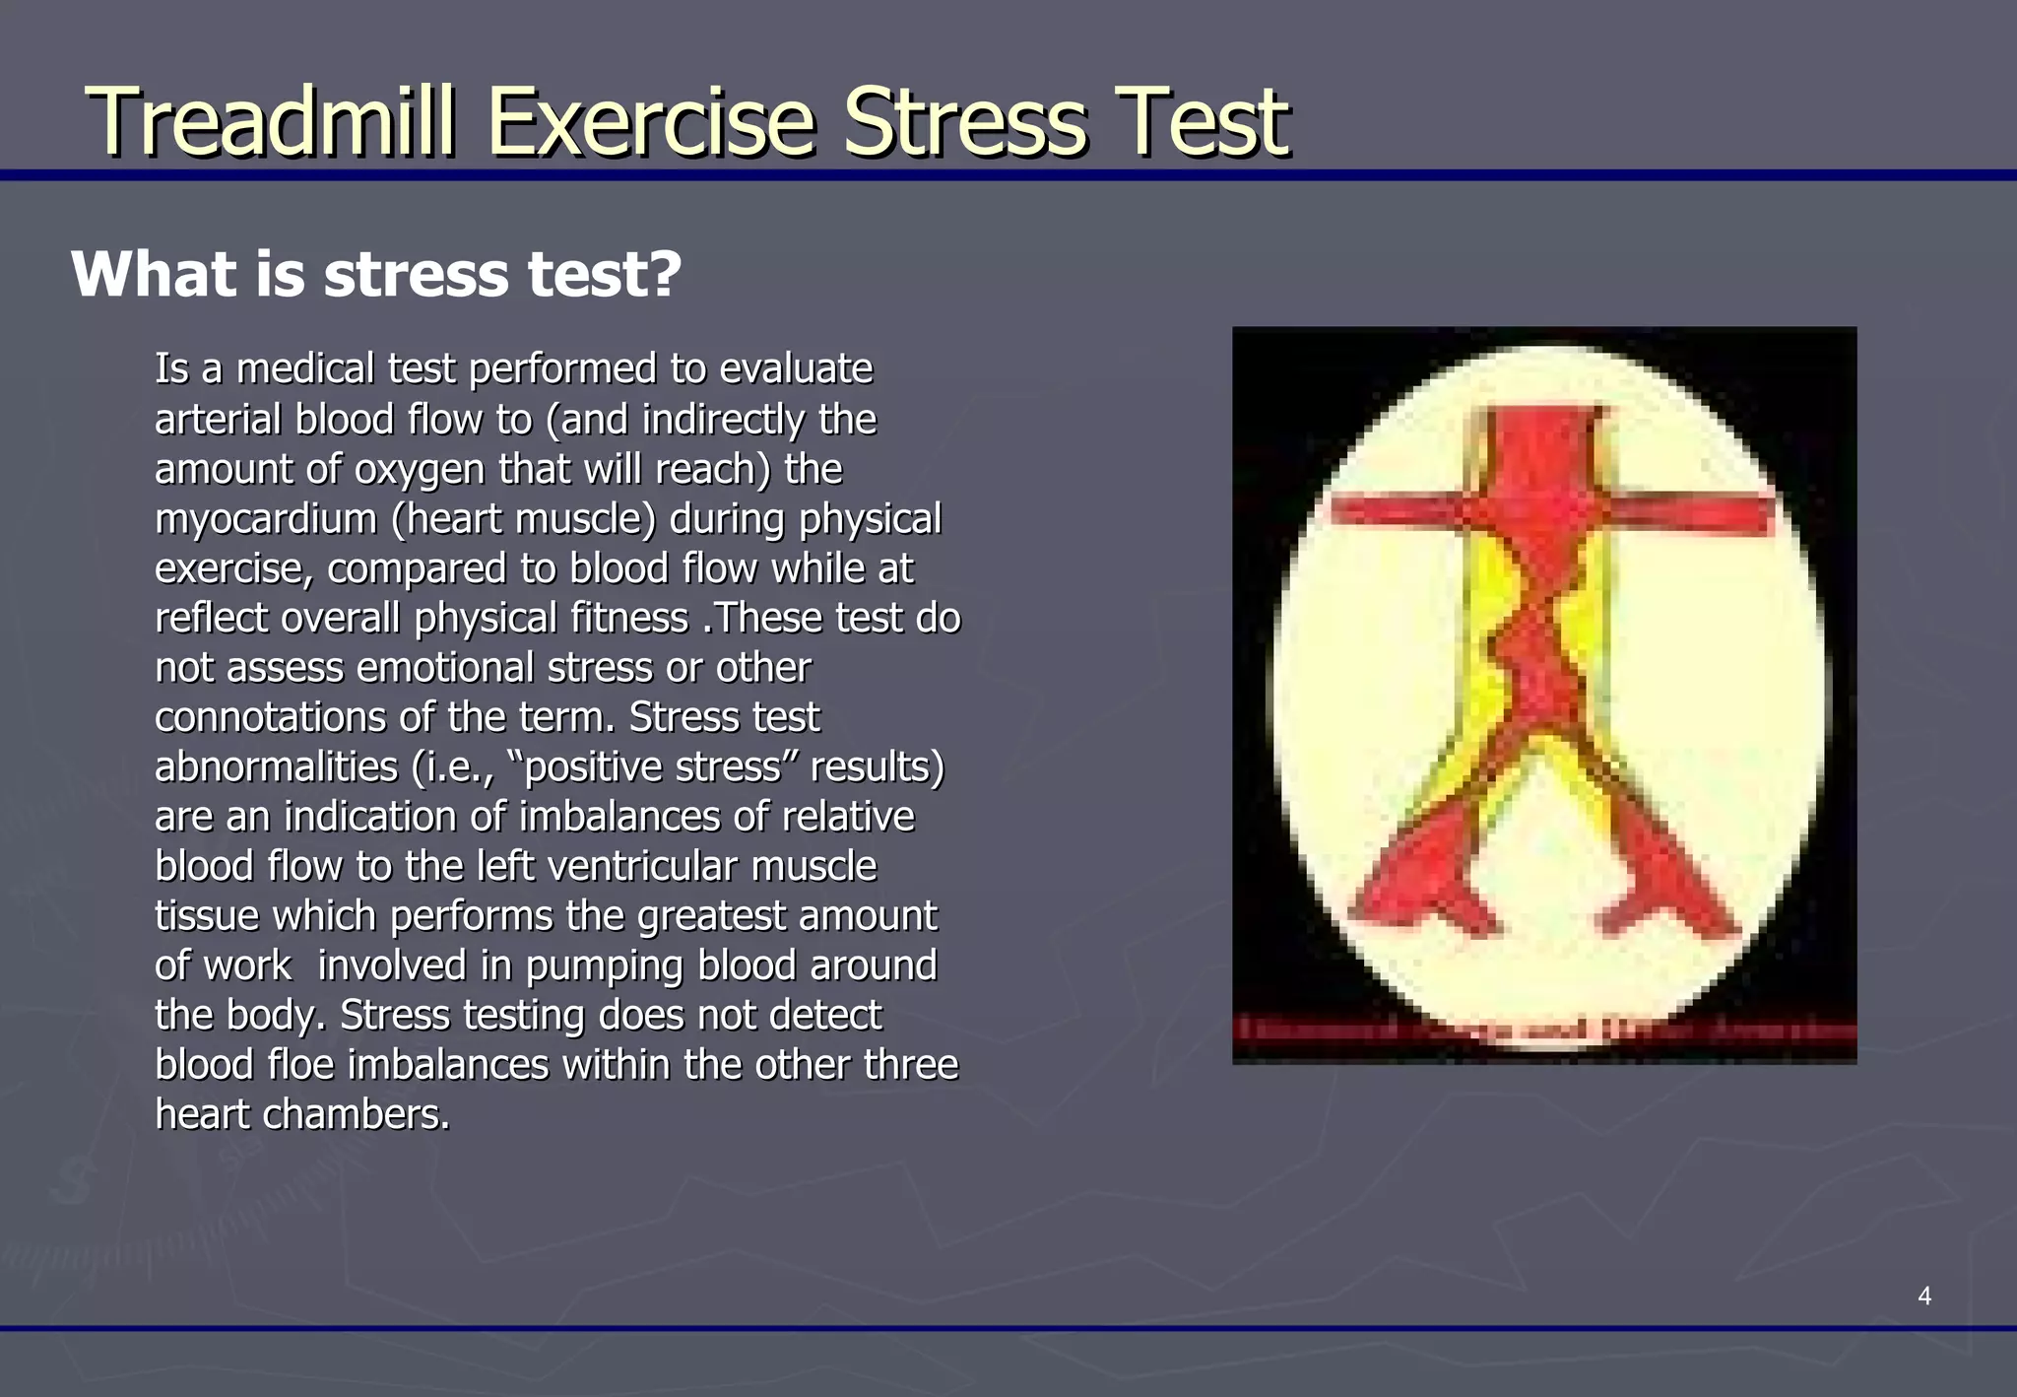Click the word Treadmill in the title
pos(271,122)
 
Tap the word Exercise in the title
pos(651,122)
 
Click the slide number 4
pos(1923,1296)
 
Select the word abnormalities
pos(276,767)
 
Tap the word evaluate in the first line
pos(796,369)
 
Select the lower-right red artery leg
pos(1664,877)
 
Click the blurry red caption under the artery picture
pos(1544,1031)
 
